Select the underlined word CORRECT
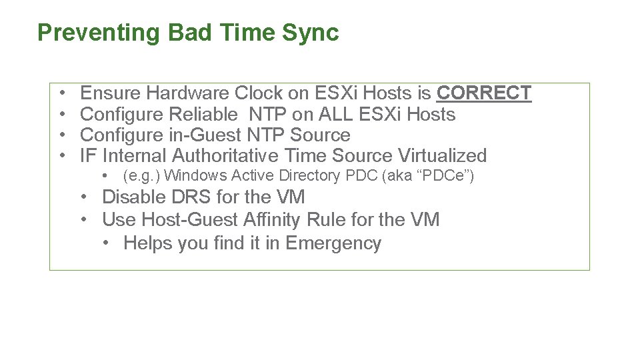pos(483,93)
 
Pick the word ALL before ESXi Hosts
pos(337,114)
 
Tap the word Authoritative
pos(225,156)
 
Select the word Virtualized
pos(442,156)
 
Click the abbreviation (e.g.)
pos(141,176)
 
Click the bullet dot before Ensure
pos(61,93)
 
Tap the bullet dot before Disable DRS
pos(85,197)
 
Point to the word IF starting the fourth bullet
pos(88,156)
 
